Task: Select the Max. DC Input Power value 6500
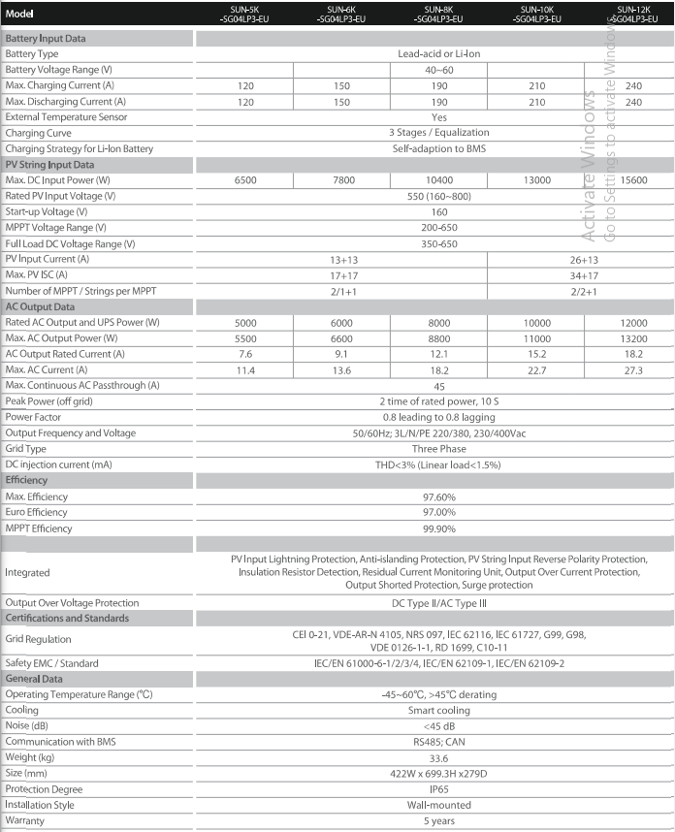click(x=245, y=180)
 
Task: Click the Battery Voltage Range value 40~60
click(x=438, y=70)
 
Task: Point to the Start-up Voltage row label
click(x=47, y=211)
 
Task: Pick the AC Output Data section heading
click(x=41, y=305)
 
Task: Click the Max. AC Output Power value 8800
click(x=438, y=337)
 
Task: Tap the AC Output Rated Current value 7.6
click(x=245, y=353)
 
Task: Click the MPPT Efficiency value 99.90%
click(x=438, y=528)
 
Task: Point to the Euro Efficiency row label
click(x=36, y=513)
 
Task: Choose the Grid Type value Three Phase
click(x=438, y=449)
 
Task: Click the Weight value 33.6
click(x=438, y=757)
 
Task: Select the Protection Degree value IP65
click(x=438, y=788)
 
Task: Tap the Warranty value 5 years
click(x=438, y=819)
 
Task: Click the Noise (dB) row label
click(x=26, y=725)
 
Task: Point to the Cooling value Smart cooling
click(x=438, y=710)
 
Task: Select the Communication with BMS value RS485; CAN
click(x=438, y=741)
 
